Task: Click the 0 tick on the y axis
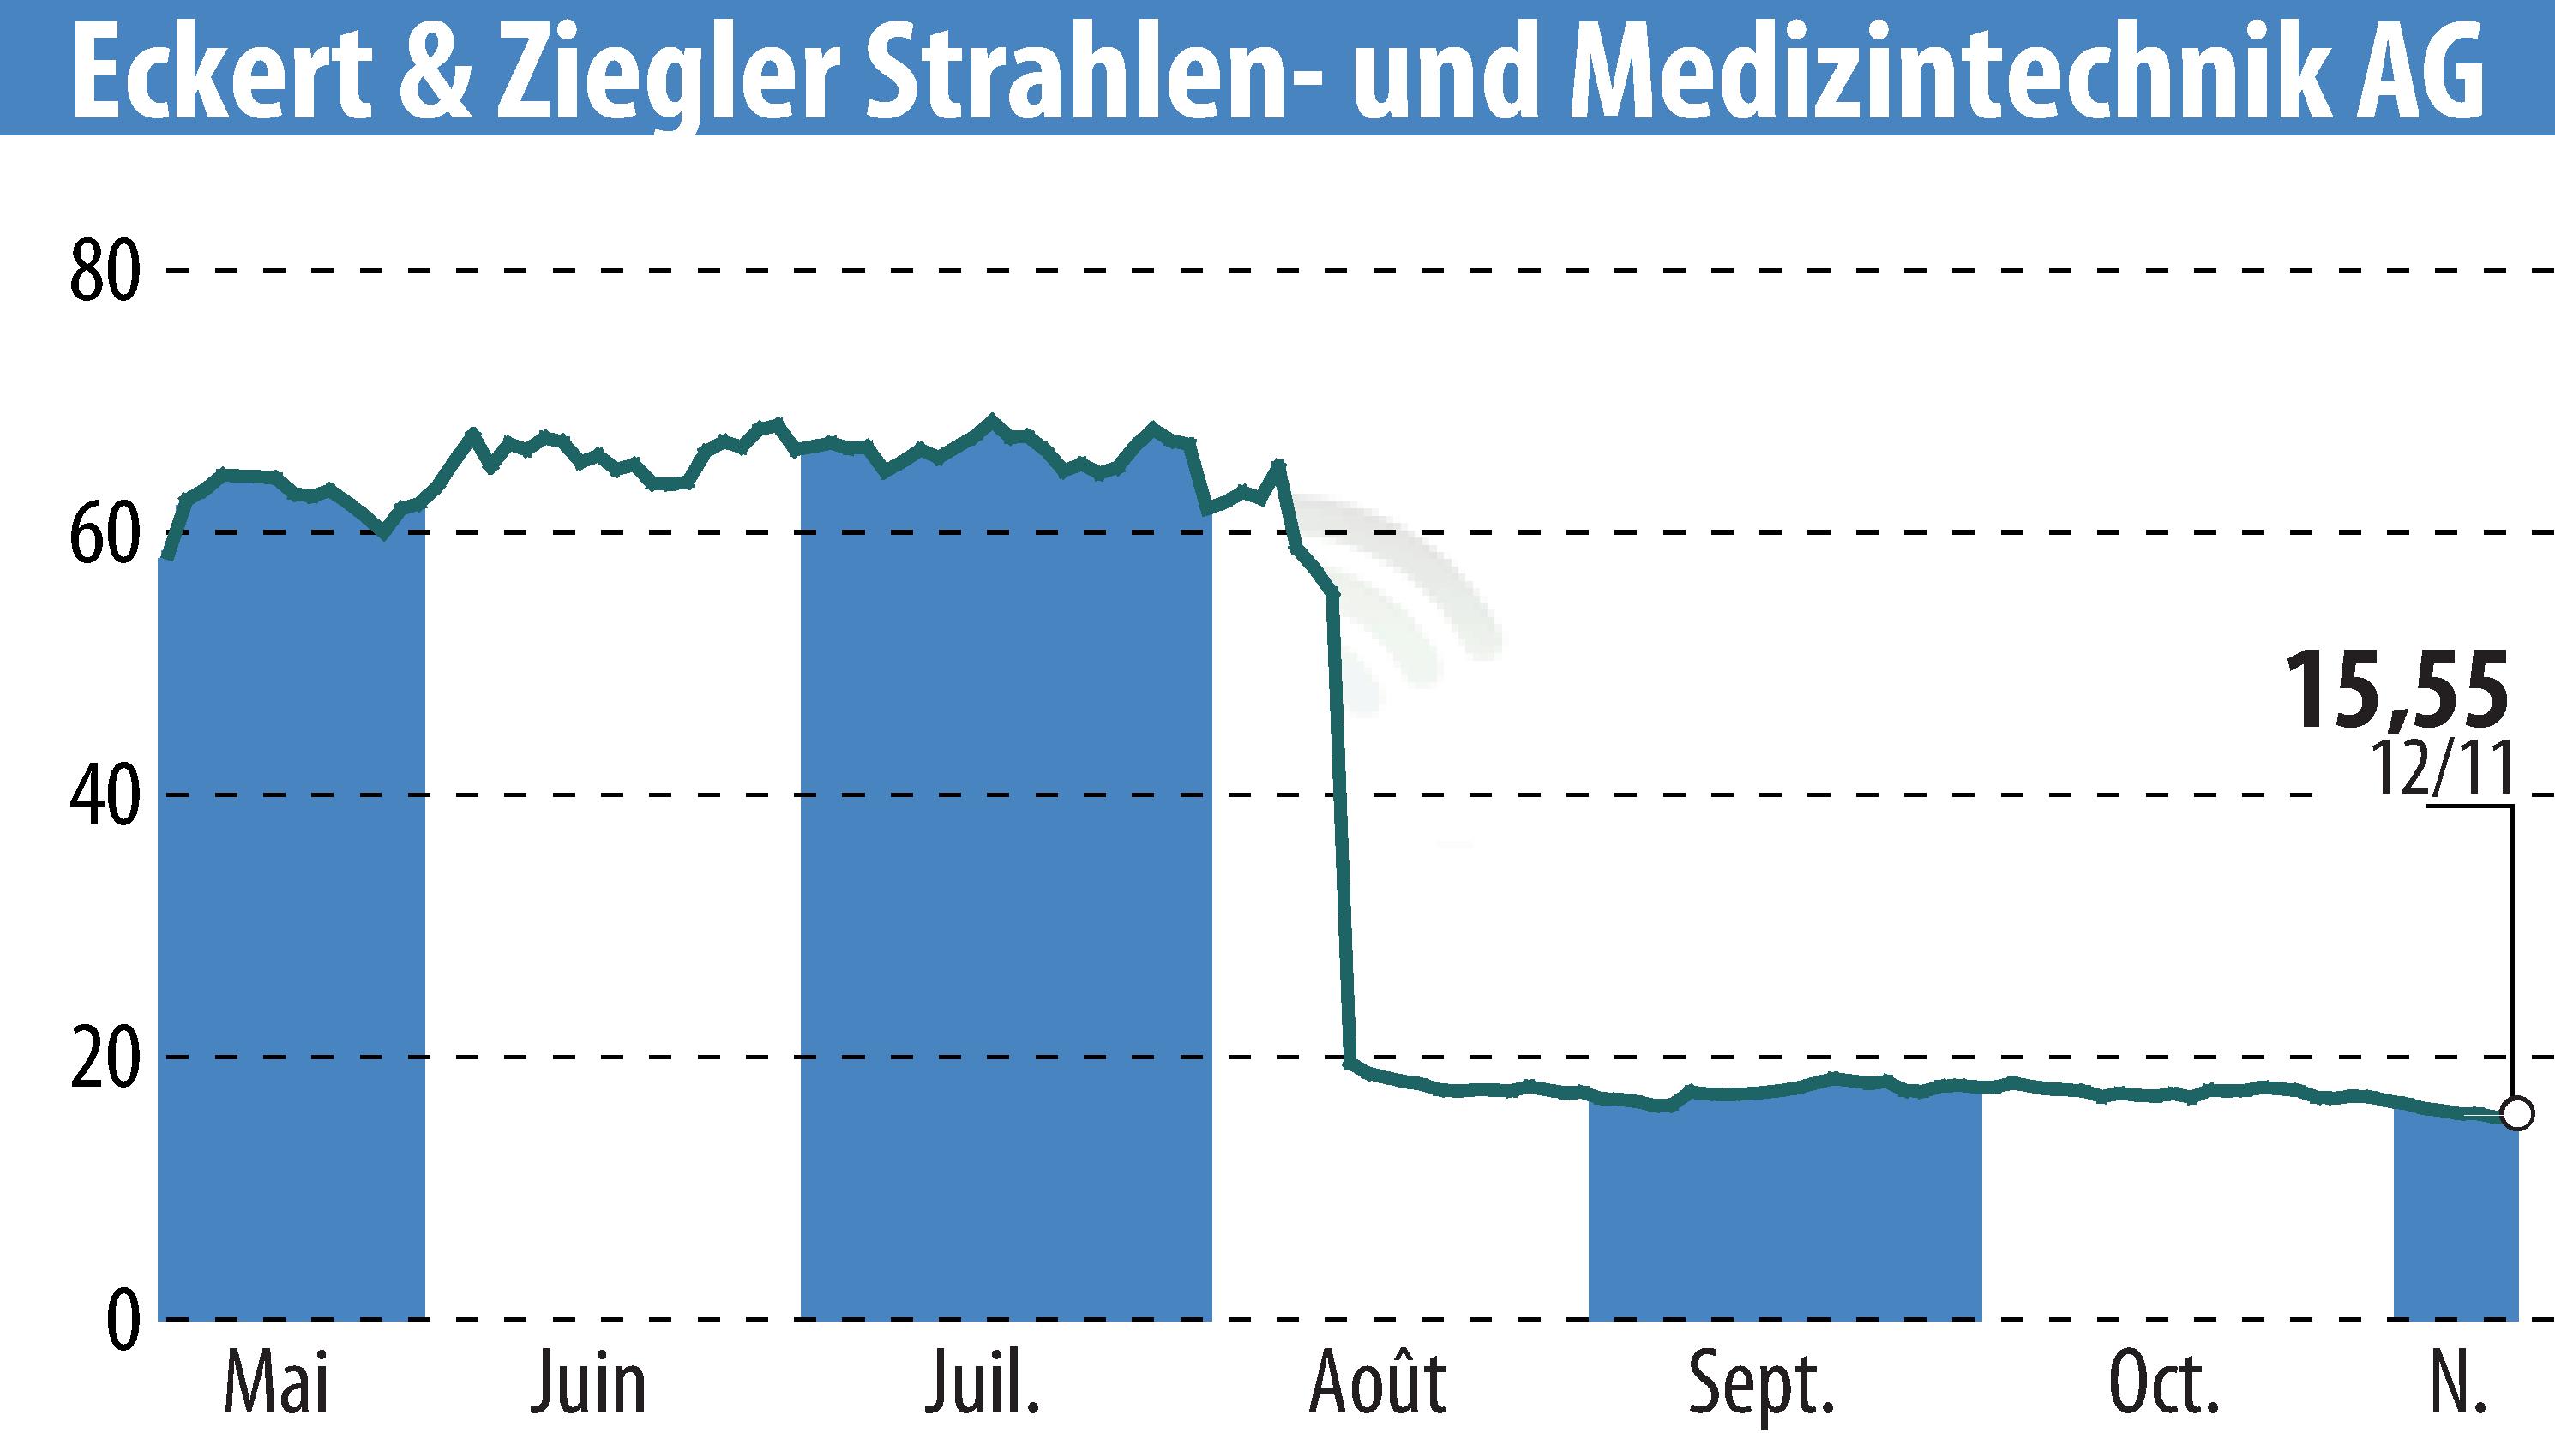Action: pos(121,1320)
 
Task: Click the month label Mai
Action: pos(276,1384)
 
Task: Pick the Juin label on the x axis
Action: pos(588,1384)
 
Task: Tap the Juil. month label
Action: pos(982,1384)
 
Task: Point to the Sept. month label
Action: pos(1761,1384)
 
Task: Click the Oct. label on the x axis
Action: pos(2163,1384)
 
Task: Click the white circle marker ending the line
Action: pos(2516,1112)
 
